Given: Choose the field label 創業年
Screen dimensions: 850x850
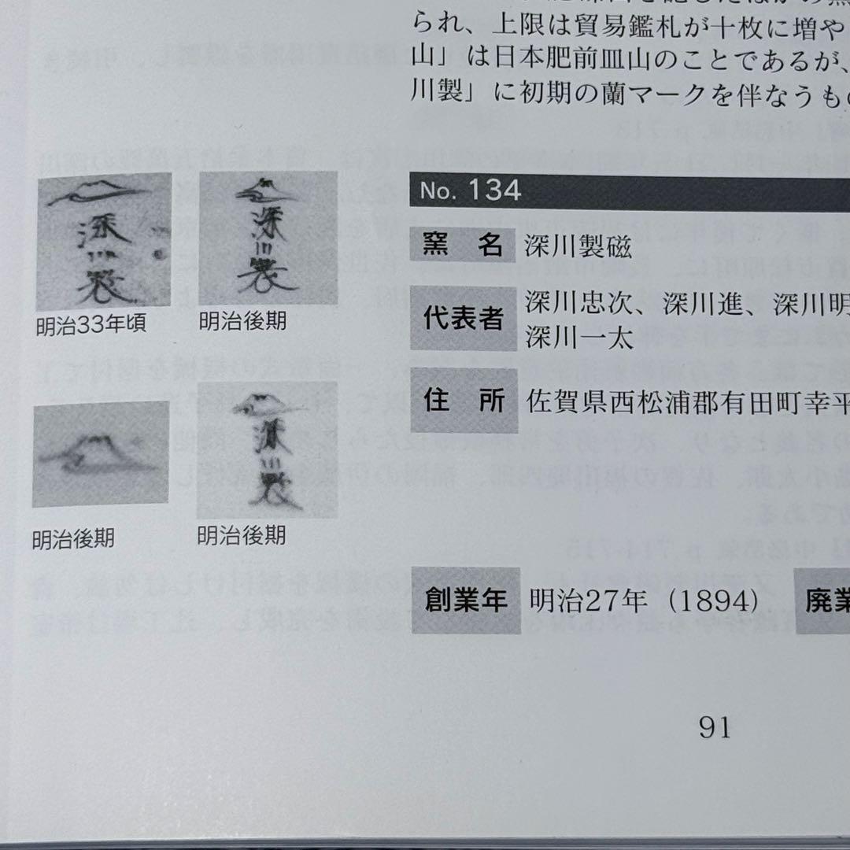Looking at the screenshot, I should click(465, 601).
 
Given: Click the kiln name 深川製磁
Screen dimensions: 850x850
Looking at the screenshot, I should click(578, 247).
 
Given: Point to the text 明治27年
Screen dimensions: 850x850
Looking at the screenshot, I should click(588, 602).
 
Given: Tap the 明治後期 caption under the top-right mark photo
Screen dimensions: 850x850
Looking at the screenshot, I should click(242, 321).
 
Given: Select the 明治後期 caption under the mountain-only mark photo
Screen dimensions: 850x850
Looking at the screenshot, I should click(73, 539).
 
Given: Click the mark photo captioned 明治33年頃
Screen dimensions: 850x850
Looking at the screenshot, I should click(104, 241).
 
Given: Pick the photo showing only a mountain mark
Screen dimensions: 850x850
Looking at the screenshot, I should click(101, 454).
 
